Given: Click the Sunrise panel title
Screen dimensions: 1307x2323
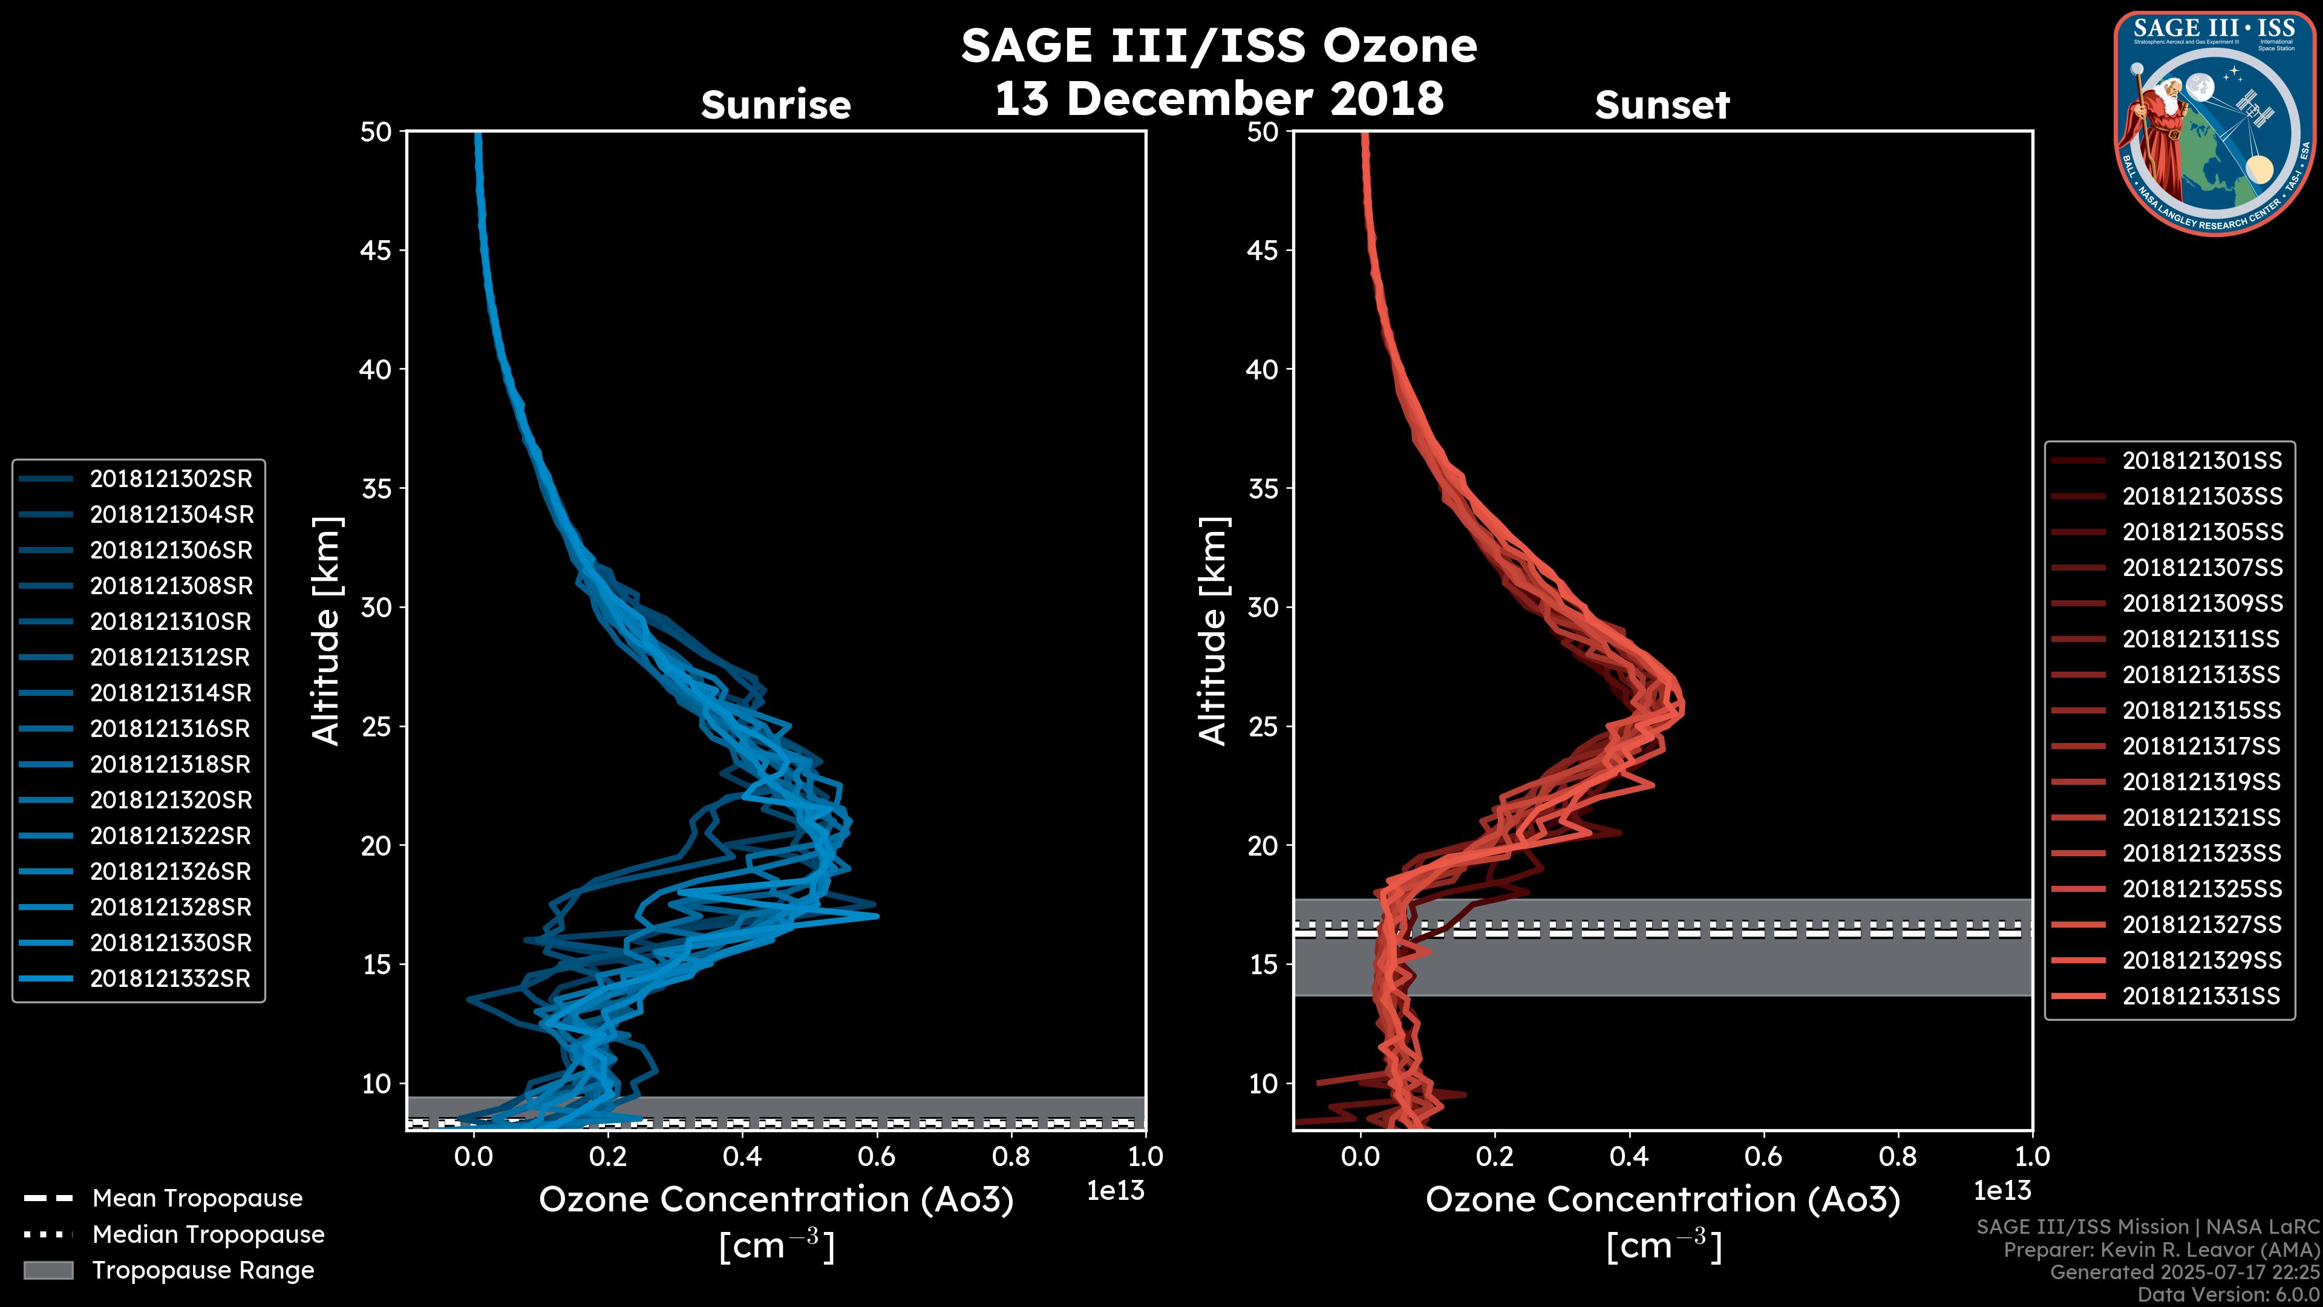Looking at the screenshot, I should (x=776, y=105).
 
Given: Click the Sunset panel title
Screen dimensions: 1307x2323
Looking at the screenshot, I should (x=1662, y=105).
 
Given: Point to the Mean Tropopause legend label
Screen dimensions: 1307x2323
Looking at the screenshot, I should (x=197, y=1198).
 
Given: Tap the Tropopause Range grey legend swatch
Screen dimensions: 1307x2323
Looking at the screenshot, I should (x=48, y=1270).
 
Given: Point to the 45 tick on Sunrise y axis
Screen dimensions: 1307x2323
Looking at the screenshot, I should (x=376, y=250).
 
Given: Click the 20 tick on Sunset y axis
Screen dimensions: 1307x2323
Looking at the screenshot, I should (x=1263, y=845).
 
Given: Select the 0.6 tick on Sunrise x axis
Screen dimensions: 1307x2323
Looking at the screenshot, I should (x=877, y=1156).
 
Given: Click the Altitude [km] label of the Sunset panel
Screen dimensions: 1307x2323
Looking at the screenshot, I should (x=1213, y=631).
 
